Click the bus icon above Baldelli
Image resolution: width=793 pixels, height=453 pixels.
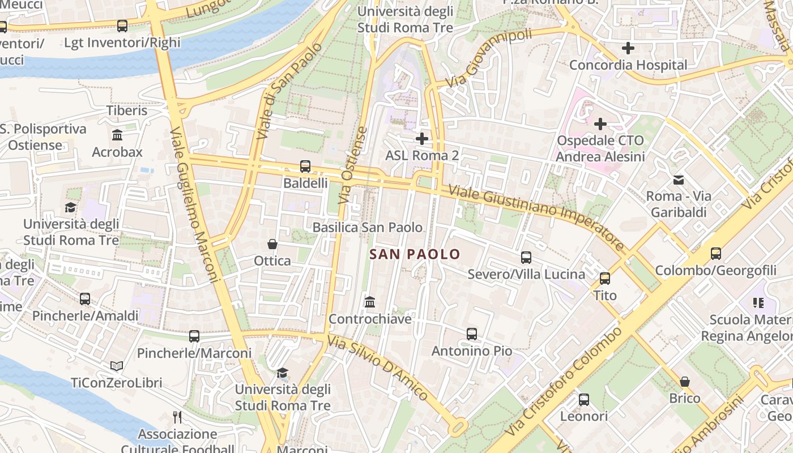[305, 166]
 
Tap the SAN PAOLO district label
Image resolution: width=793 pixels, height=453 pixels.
[415, 254]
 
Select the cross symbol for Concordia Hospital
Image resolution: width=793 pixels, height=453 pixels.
[628, 48]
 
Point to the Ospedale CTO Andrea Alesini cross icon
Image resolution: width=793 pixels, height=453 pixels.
[600, 123]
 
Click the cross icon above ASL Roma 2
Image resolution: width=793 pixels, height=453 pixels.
[421, 138]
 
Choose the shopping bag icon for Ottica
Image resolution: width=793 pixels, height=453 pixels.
[272, 244]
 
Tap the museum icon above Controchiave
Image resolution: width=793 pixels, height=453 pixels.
[370, 302]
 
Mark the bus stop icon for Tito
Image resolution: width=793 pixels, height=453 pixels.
[605, 278]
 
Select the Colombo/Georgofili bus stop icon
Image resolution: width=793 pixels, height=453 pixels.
[716, 253]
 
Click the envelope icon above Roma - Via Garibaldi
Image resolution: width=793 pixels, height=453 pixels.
[678, 180]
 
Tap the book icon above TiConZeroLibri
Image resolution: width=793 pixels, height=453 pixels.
[117, 366]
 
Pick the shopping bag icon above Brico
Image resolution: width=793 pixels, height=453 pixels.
[685, 381]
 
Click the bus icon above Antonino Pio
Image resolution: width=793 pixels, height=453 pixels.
[472, 334]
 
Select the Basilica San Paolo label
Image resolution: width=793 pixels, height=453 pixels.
[368, 227]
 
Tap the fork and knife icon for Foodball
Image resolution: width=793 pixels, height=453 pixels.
[177, 417]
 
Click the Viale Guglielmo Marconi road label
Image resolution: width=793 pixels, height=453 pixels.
[194, 204]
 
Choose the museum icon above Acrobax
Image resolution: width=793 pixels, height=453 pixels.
[117, 135]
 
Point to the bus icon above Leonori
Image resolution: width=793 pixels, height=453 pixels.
[584, 399]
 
